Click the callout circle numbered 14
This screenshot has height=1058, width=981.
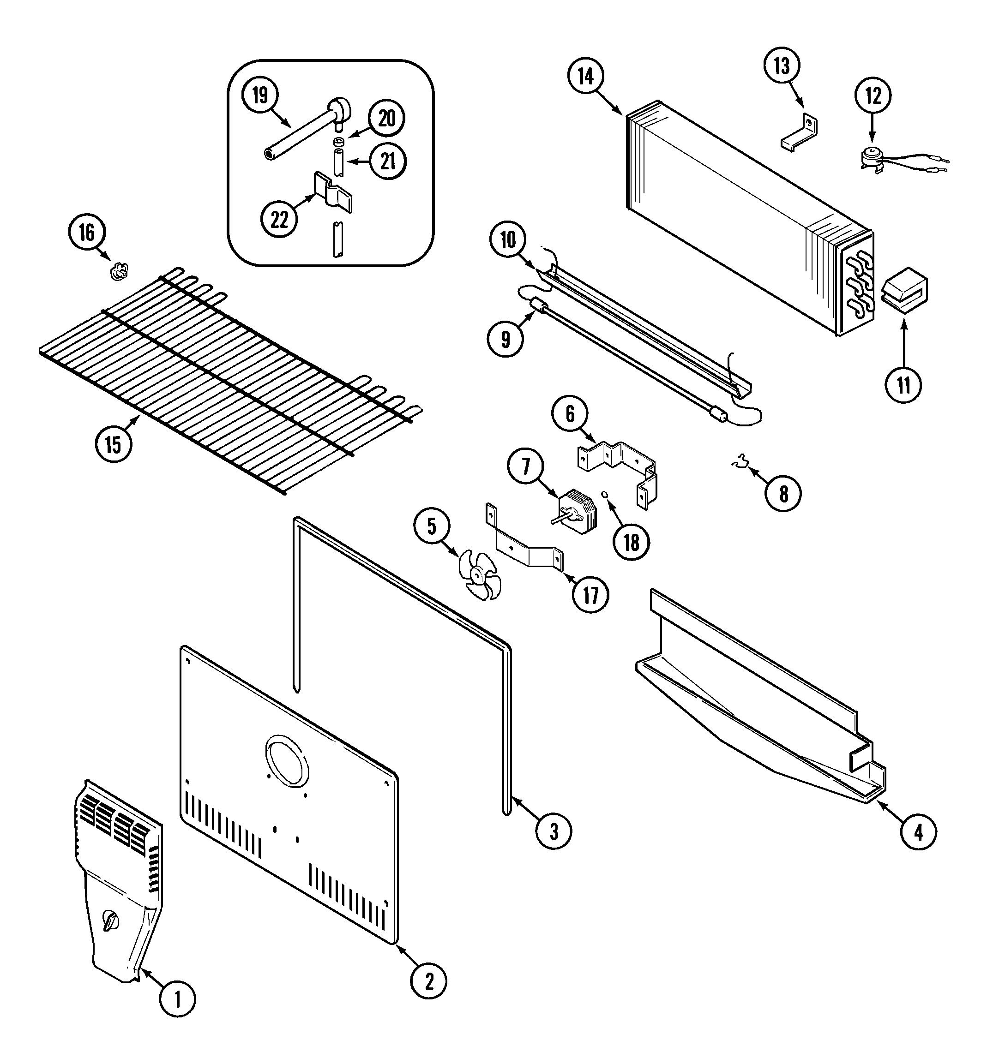pyautogui.click(x=585, y=77)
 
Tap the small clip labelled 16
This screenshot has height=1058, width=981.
pyautogui.click(x=120, y=272)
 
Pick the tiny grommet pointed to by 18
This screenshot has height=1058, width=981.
pyautogui.click(x=604, y=495)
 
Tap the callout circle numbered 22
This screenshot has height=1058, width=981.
pyautogui.click(x=279, y=219)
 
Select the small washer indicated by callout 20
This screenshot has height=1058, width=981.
pyautogui.click(x=338, y=142)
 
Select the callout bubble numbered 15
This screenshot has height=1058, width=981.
pyautogui.click(x=114, y=444)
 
